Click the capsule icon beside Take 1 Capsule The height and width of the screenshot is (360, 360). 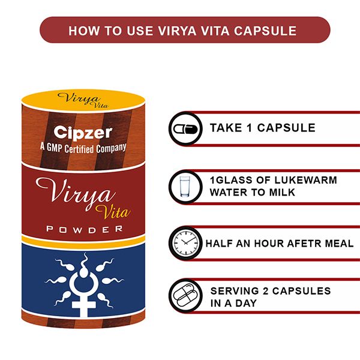[x=185, y=129]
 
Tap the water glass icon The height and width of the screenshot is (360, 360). [x=185, y=187]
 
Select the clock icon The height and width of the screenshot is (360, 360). [x=185, y=243]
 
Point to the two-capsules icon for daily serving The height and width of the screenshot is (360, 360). [x=185, y=295]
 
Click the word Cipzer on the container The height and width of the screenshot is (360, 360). [x=83, y=133]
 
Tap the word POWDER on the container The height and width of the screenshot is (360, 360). [x=85, y=229]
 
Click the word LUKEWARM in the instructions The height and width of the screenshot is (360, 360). [x=305, y=180]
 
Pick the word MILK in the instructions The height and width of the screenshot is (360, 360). [x=282, y=193]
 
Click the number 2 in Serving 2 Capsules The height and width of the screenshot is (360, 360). [x=266, y=291]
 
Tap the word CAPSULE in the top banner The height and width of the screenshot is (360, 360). [x=265, y=31]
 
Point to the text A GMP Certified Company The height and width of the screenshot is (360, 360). [x=83, y=148]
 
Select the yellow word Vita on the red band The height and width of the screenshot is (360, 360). [x=113, y=211]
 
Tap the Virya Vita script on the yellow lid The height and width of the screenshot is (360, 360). [x=83, y=100]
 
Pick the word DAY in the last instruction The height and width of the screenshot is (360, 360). [x=246, y=303]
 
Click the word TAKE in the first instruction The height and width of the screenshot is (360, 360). [x=226, y=128]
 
